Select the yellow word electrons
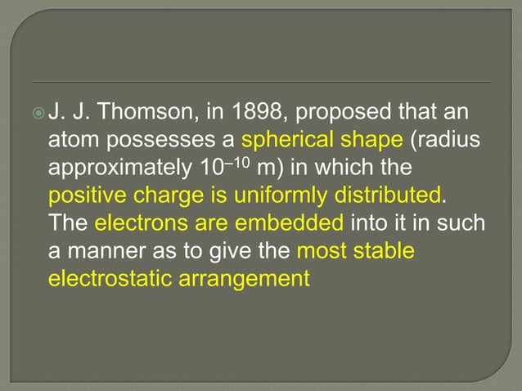click(x=136, y=224)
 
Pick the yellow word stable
click(x=387, y=251)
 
